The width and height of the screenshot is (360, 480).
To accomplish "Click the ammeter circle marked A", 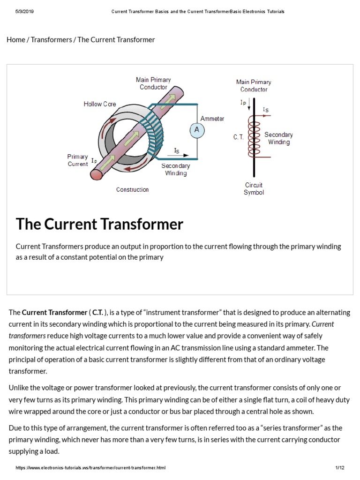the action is pyautogui.click(x=197, y=130).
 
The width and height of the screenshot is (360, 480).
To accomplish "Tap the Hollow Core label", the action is pyautogui.click(x=100, y=104).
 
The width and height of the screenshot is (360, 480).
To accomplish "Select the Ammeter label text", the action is pyautogui.click(x=212, y=119).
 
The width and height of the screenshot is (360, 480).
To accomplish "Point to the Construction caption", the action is pyautogui.click(x=133, y=190).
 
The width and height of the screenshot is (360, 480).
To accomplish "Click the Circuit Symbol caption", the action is pyautogui.click(x=254, y=189).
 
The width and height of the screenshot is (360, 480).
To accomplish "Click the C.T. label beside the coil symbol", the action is pyautogui.click(x=239, y=137).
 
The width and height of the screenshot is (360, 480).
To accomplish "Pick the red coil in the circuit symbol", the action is pyautogui.click(x=254, y=137).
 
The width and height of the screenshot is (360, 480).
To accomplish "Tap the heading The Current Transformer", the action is pyautogui.click(x=99, y=224).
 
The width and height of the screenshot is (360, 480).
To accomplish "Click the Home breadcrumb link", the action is pyautogui.click(x=16, y=40).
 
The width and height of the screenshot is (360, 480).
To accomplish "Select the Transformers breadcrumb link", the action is pyautogui.click(x=52, y=40).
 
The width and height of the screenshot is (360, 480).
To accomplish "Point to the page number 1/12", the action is pyautogui.click(x=340, y=468).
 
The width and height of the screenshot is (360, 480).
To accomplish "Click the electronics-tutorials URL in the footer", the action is pyautogui.click(x=90, y=468).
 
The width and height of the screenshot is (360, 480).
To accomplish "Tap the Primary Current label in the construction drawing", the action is pyautogui.click(x=78, y=160).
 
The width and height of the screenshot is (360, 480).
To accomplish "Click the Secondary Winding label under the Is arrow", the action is pyautogui.click(x=176, y=170).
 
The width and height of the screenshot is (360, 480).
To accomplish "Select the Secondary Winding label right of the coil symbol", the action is pyautogui.click(x=278, y=138).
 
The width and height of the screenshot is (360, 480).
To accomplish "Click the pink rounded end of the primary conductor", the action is pyautogui.click(x=97, y=174).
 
